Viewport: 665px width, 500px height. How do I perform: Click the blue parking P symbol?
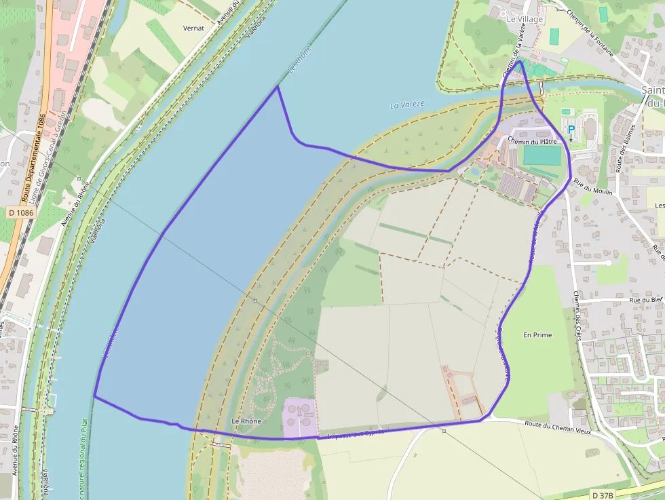pyautogui.click(x=571, y=129)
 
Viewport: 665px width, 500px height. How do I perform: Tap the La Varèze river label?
pyautogui.click(x=407, y=104)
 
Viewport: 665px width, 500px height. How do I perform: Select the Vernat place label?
pyautogui.click(x=193, y=28)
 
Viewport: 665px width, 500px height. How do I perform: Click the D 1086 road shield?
pyautogui.click(x=21, y=212)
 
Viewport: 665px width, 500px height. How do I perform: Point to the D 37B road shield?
pyautogui.click(x=603, y=495)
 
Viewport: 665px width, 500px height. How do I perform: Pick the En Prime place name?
pyautogui.click(x=537, y=335)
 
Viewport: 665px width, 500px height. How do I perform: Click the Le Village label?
pyautogui.click(x=525, y=19)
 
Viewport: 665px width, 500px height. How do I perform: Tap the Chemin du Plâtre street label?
pyautogui.click(x=533, y=142)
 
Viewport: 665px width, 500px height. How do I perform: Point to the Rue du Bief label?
pyautogui.click(x=645, y=299)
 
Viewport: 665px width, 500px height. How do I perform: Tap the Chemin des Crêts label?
pyautogui.click(x=577, y=315)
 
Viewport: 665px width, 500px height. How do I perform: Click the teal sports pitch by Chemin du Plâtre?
pyautogui.click(x=542, y=156)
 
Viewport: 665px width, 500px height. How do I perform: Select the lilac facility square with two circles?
pyautogui.click(x=300, y=416)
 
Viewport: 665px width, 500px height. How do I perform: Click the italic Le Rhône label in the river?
pyautogui.click(x=300, y=60)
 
